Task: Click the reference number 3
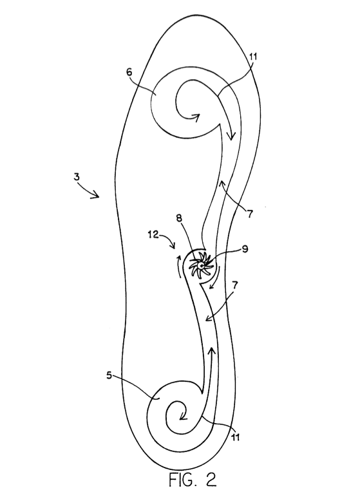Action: (77, 176)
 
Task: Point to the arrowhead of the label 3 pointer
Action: (96, 194)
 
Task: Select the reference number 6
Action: (129, 72)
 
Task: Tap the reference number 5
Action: (109, 375)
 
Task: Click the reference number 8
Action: (179, 218)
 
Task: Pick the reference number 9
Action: (245, 249)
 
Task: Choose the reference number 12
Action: (153, 235)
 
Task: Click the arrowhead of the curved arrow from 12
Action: (173, 246)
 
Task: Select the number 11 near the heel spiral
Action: (235, 437)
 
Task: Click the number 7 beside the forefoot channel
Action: (250, 214)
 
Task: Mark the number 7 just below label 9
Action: (235, 285)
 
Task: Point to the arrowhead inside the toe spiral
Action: (195, 118)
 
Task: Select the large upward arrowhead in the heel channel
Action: (212, 351)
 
